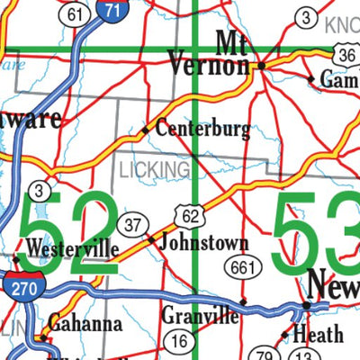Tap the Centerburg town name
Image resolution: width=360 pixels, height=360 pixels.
(x=202, y=130)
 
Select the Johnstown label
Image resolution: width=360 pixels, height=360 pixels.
(x=203, y=242)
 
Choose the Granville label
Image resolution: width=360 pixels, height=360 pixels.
(x=201, y=316)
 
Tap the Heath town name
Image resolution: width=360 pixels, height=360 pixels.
(x=319, y=335)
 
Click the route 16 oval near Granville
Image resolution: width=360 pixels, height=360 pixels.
(x=179, y=340)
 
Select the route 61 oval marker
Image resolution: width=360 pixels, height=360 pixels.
(x=76, y=13)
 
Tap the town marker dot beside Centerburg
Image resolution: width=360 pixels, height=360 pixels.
(x=144, y=130)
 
